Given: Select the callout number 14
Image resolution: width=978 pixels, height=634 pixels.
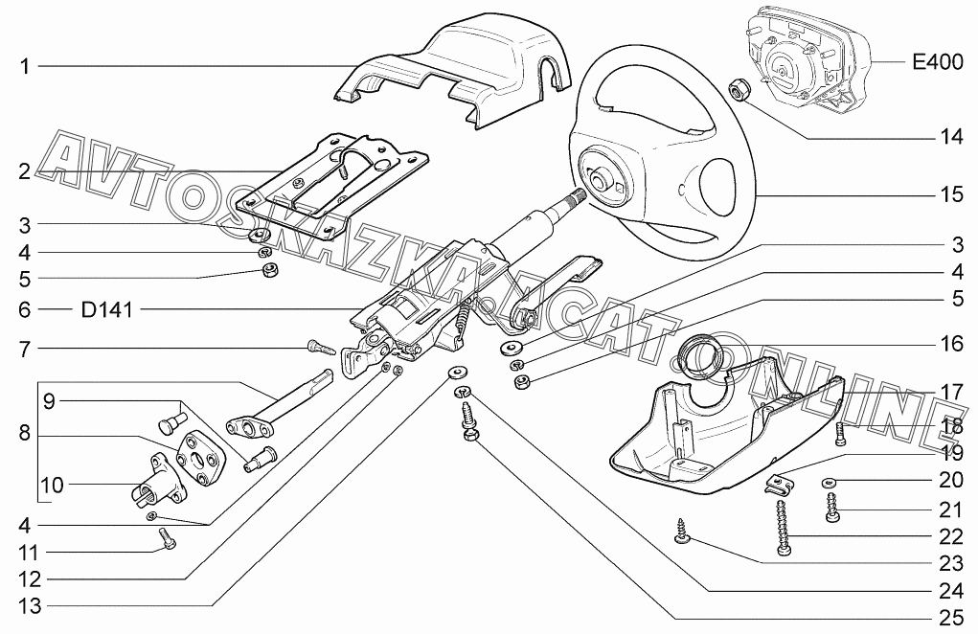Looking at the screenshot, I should point(950,137).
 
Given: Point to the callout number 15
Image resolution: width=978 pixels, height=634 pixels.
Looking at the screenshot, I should point(950,194).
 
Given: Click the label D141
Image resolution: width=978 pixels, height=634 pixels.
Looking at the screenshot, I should point(107,310).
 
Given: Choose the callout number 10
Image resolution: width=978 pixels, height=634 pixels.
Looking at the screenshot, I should point(51,486).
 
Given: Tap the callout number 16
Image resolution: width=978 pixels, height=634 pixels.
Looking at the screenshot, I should point(950,342).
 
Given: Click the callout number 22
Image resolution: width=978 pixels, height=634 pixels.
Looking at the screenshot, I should point(950,537).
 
